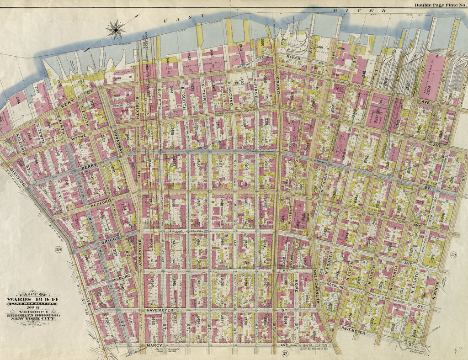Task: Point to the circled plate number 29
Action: tap(58, 249)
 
